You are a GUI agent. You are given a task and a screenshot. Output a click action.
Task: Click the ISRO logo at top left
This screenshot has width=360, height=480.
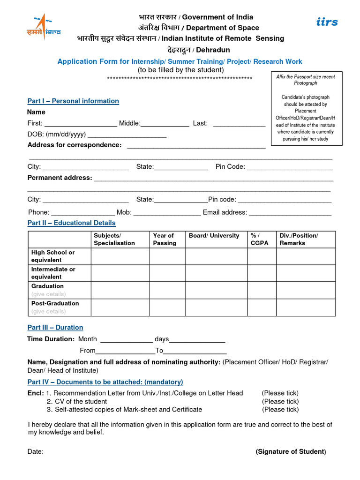[43, 28]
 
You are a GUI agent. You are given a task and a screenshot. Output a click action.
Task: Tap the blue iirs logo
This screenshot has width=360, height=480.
[327, 22]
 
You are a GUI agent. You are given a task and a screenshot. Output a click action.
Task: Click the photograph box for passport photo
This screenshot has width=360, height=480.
[305, 107]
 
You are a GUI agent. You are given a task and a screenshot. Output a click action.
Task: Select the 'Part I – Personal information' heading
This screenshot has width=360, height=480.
[73, 101]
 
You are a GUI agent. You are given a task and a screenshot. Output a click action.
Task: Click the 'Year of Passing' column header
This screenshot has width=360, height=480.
[164, 239]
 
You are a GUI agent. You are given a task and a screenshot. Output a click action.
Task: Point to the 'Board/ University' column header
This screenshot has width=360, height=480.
[214, 236]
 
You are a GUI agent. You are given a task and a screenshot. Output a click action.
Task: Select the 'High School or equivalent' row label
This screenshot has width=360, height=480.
[53, 256]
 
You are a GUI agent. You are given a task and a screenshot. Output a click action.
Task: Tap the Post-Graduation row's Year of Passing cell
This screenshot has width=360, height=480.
[167, 307]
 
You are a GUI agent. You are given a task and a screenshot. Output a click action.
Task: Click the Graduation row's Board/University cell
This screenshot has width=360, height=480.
[216, 290]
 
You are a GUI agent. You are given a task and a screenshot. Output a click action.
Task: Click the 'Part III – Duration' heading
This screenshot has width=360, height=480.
[55, 327]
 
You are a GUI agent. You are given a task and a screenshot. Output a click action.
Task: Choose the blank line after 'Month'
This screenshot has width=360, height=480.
[127, 340]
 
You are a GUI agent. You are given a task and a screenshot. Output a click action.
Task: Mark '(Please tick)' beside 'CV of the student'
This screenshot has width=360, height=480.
[280, 401]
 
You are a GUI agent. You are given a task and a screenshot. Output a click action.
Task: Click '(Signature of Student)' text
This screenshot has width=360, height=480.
[291, 451]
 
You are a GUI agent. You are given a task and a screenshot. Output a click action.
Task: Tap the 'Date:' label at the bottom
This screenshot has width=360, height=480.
[36, 451]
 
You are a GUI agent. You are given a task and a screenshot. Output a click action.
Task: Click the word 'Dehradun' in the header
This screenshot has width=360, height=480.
[212, 50]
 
